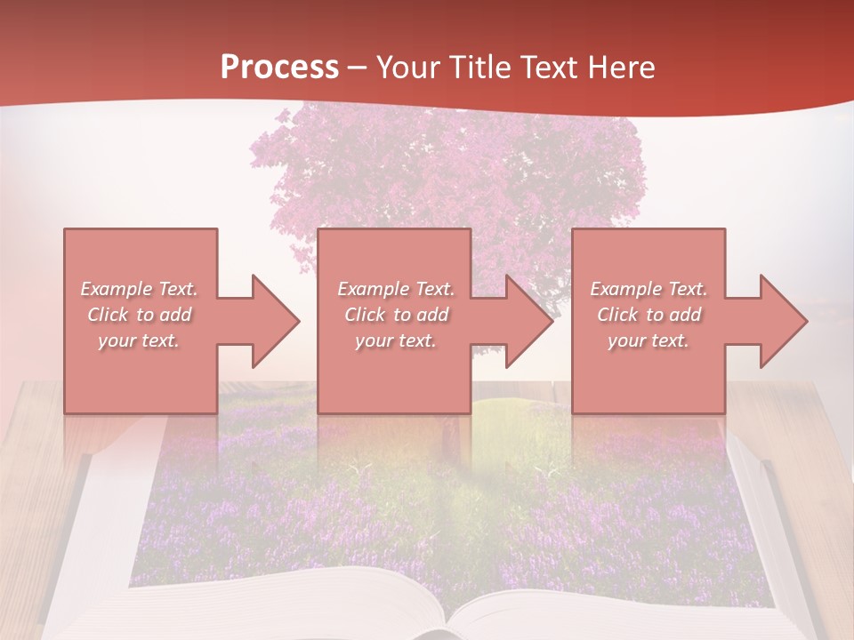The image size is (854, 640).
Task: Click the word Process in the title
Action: pos(279,68)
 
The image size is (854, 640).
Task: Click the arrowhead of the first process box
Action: pos(270,321)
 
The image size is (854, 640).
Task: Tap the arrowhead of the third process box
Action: pos(779,321)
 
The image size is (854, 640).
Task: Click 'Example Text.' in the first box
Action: pos(140,289)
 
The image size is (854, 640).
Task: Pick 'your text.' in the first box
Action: pos(140,340)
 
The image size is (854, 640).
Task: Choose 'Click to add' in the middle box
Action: pos(396,315)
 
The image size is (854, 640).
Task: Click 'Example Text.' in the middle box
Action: pos(396,289)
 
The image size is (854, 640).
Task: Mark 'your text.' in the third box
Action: pos(649,340)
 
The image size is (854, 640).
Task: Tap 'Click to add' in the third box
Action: pos(649,315)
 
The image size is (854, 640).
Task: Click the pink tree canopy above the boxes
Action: pos(445,169)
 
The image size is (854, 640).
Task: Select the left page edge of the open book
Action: pos(85,533)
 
